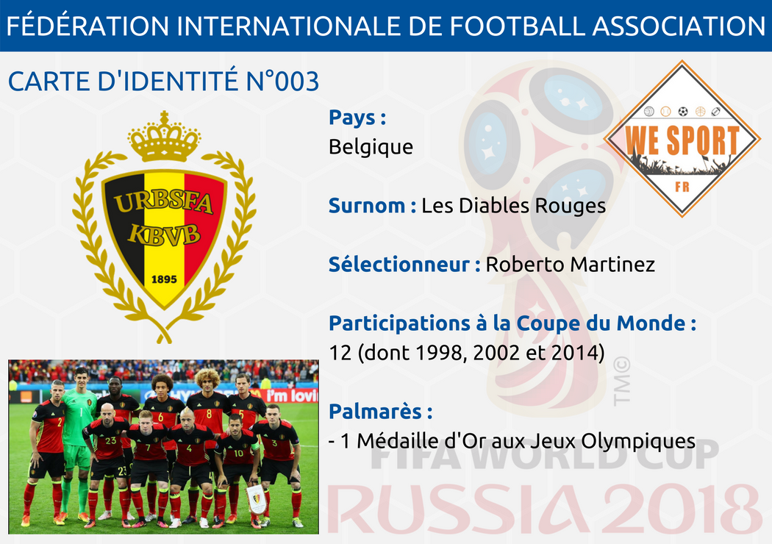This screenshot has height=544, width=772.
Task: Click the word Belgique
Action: coord(371,147)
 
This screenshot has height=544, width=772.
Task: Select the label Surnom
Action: coord(367,205)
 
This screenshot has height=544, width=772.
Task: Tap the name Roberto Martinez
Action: coord(570,265)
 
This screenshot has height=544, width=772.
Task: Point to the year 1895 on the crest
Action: coord(164,279)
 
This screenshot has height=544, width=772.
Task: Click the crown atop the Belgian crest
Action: coord(165,137)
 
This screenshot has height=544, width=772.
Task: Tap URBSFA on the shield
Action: coord(163,202)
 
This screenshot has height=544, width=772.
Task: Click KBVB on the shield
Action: coord(164,234)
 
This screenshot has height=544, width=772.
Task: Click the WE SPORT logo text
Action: coord(682,141)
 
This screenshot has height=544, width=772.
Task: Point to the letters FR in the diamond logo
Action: coord(682,187)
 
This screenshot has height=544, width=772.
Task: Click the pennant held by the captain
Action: coord(256,499)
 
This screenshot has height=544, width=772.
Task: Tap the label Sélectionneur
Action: coord(399,265)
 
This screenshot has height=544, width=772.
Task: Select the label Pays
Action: coord(351,118)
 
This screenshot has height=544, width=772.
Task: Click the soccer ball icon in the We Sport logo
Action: coord(682,112)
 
